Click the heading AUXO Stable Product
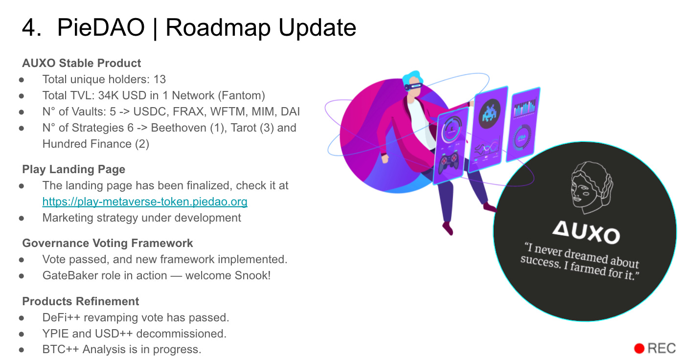coord(81,63)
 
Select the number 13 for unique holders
coord(159,79)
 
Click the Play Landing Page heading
coord(73,169)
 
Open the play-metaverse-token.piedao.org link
coord(145,202)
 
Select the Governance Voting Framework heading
coord(108,243)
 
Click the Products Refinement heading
coord(81,301)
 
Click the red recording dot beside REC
coord(639,348)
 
